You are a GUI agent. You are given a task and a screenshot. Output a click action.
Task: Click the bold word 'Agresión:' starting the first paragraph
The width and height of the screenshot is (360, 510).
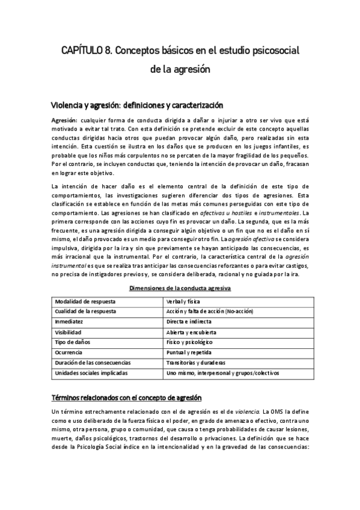tap(65, 120)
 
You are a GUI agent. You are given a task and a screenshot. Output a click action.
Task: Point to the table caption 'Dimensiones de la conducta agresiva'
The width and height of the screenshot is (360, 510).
tap(180, 288)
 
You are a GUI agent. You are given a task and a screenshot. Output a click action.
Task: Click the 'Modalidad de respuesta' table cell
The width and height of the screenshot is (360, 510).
tap(85, 301)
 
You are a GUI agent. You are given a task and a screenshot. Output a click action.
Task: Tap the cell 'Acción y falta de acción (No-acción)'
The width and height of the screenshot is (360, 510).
tap(210, 311)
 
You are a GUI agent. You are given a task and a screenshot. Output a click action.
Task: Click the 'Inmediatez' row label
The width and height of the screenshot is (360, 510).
tap(70, 321)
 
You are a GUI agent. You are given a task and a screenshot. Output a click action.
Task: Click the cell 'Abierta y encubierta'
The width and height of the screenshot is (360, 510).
tap(192, 332)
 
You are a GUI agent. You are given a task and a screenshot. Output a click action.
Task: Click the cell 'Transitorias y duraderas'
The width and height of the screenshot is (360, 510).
tap(196, 363)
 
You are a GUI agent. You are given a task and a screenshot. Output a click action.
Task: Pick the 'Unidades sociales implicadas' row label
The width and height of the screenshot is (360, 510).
tap(91, 373)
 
